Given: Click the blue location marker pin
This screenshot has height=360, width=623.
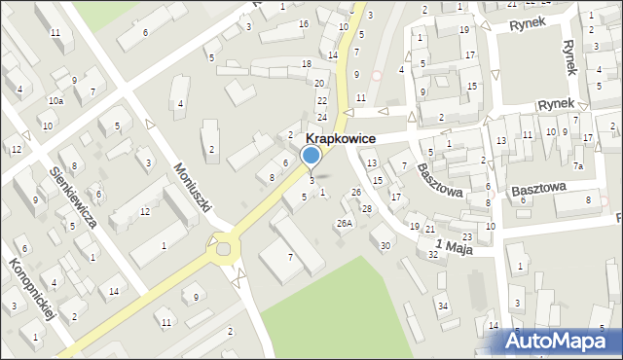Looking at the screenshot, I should point(311,156).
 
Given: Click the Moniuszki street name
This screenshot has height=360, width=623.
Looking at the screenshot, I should point(192,183).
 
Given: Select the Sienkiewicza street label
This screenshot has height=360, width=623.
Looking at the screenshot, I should point(74,197).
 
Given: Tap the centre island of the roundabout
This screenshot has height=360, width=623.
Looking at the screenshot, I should point(226,250).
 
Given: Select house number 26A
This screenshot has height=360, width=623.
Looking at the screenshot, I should point(345,224).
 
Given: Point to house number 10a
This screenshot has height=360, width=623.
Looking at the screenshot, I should point(55,100).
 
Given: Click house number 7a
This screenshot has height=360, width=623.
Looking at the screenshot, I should point(577,166).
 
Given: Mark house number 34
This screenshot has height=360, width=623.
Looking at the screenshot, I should point(443,306).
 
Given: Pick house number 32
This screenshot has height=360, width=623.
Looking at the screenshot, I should point(433,254).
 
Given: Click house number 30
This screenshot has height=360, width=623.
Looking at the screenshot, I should point(385,245).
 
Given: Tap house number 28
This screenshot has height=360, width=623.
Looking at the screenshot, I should point(367,209).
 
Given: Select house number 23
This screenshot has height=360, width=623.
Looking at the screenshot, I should point(467,237).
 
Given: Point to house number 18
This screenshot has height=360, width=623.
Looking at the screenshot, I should point(307,64).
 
